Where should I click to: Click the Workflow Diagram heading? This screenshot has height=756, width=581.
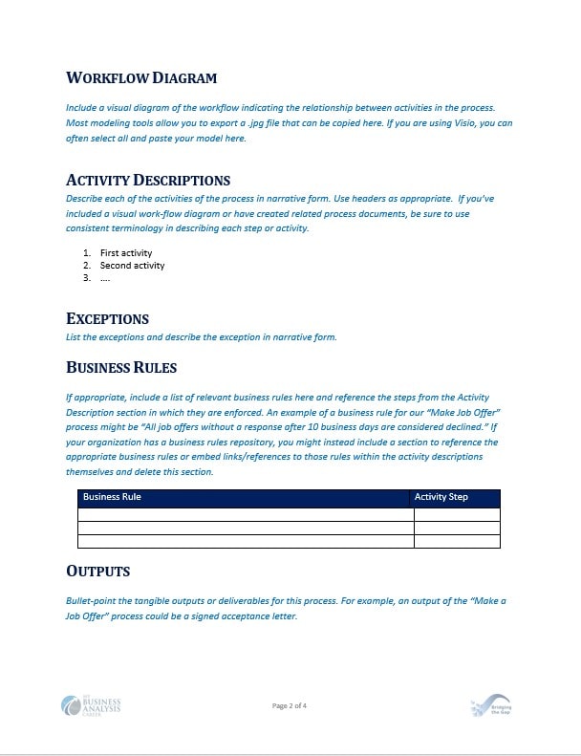141,77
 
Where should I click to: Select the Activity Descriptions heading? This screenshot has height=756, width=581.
148,180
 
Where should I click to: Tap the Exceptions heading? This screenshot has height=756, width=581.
107,318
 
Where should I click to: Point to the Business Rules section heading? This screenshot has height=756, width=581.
121,367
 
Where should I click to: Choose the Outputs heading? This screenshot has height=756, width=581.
97,571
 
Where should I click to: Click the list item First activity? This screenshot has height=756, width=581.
126,253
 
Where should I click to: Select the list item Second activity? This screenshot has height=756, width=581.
132,266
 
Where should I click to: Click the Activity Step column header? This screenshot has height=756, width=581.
441,497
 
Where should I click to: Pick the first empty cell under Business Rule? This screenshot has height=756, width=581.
246,514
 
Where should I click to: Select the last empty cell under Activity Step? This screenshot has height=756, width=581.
457,542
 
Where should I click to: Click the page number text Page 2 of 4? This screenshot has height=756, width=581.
290,706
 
